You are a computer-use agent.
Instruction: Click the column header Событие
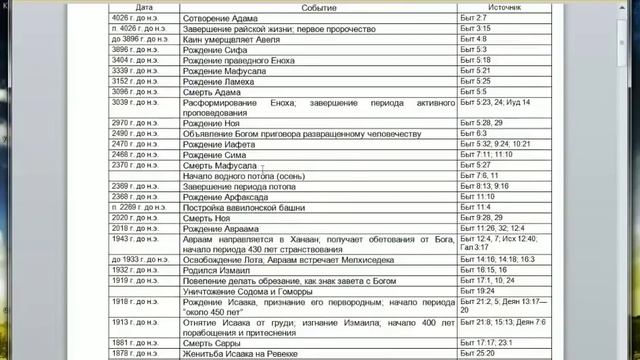point(318,7)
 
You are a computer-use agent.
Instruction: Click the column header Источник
point(506,7)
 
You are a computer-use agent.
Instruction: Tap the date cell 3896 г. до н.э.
point(138,49)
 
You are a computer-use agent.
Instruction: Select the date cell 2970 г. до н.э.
point(138,123)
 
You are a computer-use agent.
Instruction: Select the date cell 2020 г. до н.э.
point(138,217)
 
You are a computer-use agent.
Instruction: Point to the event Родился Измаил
point(223,270)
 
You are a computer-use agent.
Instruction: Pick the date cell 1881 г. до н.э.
point(138,343)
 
